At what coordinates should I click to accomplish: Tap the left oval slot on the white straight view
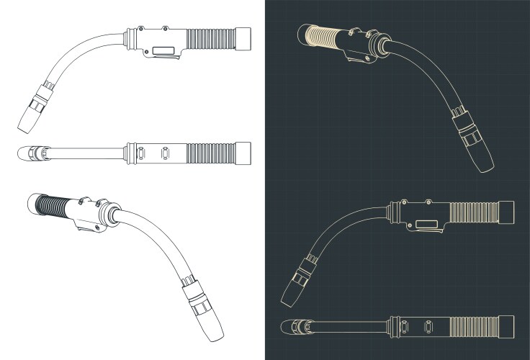click(141, 153)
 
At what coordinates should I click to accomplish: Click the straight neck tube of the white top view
click(86, 153)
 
